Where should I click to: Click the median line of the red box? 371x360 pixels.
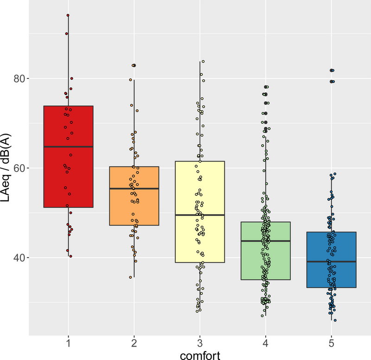tap(68, 147)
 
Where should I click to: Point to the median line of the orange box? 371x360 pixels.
tap(134, 188)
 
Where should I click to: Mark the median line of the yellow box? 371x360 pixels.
tap(200, 215)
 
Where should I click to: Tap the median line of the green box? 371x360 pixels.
tap(265, 241)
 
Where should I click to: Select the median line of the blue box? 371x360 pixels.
tap(331, 262)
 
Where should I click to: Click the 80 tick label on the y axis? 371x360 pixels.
tap(19, 78)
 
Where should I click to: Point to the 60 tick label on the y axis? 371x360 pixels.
tap(19, 168)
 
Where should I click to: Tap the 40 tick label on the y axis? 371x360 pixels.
tap(19, 257)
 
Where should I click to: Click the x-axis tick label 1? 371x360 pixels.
tap(68, 343)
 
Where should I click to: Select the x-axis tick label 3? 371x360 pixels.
tap(200, 343)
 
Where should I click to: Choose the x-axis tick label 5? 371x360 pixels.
tap(331, 343)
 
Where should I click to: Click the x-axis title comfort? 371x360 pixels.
tap(200, 355)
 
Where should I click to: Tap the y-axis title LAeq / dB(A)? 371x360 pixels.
tap(6, 167)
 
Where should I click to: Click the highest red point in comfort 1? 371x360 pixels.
tap(68, 15)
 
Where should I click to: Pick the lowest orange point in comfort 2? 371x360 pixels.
tap(130, 277)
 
